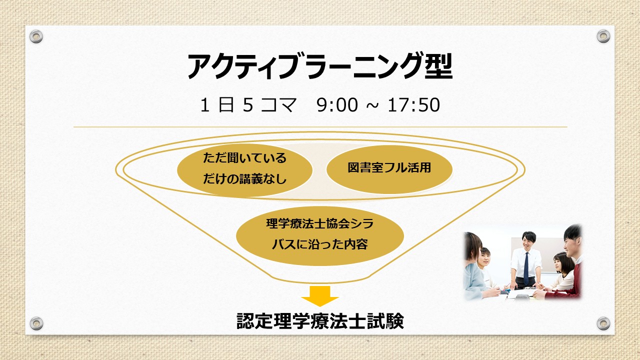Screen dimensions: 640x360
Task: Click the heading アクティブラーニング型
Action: coord(319,66)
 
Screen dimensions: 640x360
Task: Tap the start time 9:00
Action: coord(337,105)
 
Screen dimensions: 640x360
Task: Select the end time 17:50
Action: coord(413,105)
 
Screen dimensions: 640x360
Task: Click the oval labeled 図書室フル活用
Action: coord(389,169)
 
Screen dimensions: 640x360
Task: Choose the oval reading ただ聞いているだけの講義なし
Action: coord(244,170)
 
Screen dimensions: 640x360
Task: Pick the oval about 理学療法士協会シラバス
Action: coord(319,235)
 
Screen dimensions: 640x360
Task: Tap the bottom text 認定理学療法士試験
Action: coord(320,321)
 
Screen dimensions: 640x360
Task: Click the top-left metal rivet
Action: coord(36,36)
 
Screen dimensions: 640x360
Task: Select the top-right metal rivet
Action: coord(603,36)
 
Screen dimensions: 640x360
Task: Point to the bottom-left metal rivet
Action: coord(36,323)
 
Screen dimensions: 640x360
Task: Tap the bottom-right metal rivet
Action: coord(603,323)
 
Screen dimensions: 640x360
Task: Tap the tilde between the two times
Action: coord(372,105)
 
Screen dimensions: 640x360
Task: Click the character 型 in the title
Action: coord(439,66)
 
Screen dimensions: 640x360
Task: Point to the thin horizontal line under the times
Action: coord(320,127)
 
